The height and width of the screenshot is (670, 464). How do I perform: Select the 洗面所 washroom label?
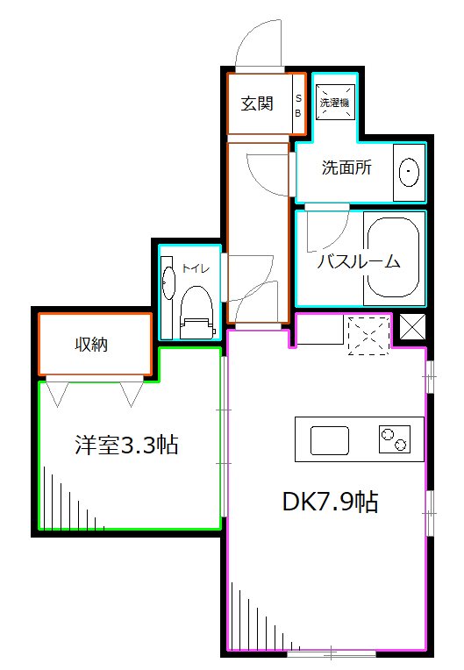tap(346, 167)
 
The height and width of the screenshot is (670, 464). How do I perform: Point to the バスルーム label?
tap(358, 260)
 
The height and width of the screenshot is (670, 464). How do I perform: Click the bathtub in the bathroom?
tap(394, 259)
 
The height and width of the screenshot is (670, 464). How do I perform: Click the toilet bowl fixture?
tap(196, 312)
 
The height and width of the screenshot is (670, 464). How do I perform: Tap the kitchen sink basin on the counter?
tap(329, 439)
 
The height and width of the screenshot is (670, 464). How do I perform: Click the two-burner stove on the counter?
tap(394, 438)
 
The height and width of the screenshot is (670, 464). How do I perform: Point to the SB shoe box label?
tap(297, 105)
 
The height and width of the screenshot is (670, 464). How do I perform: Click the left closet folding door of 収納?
tap(59, 392)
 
